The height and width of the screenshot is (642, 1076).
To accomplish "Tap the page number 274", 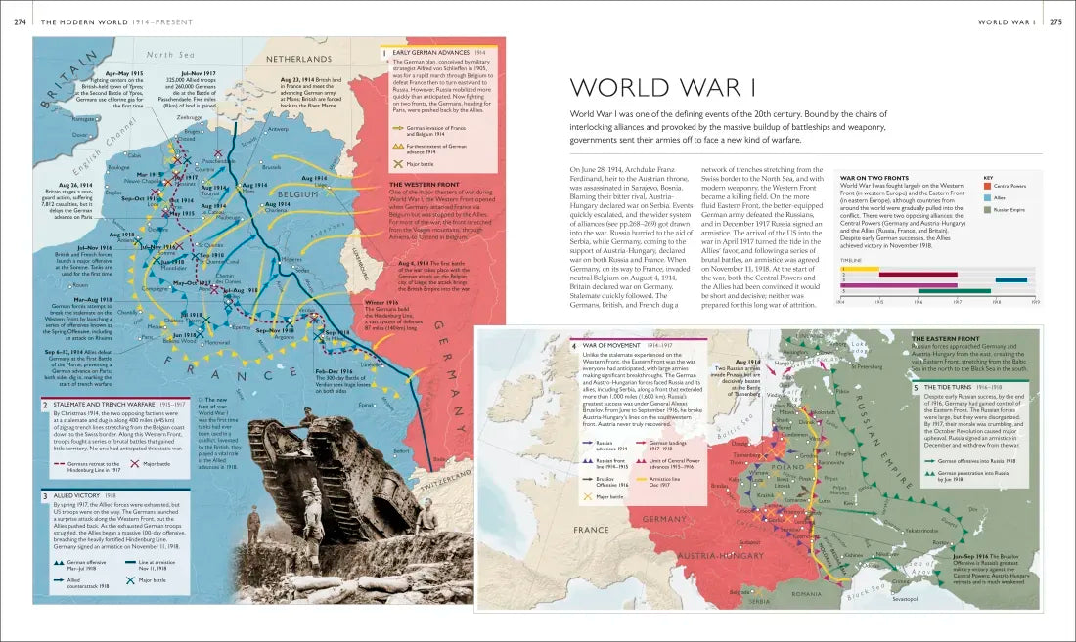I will [x=20, y=21].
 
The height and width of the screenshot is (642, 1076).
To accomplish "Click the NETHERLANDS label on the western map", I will [x=298, y=60].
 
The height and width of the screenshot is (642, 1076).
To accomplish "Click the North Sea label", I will [x=171, y=55].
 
